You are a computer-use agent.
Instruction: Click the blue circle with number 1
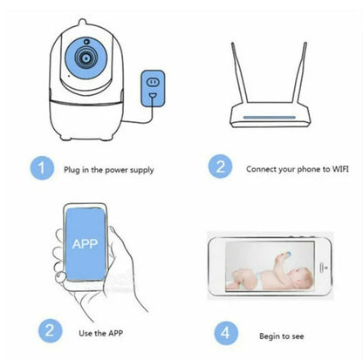point(40,167)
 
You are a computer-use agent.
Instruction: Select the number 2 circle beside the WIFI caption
point(220,167)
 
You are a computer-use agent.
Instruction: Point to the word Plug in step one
point(72,167)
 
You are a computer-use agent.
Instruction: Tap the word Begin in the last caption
point(272,336)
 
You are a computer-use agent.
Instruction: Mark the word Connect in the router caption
point(262,168)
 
